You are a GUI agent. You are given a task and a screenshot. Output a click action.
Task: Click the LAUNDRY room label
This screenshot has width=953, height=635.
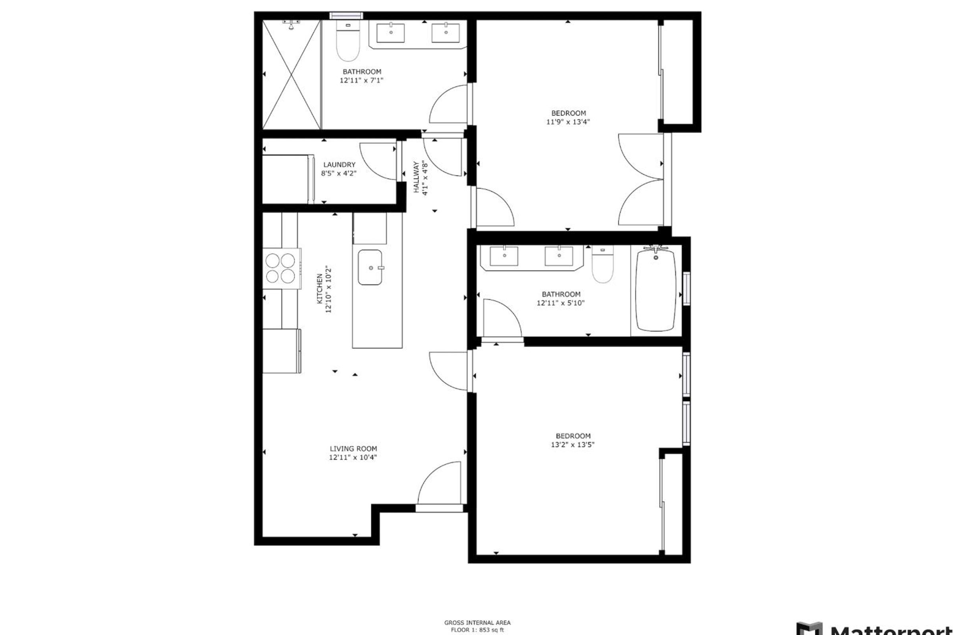tap(339, 165)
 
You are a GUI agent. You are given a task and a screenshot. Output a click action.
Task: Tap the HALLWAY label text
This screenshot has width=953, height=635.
tap(416, 177)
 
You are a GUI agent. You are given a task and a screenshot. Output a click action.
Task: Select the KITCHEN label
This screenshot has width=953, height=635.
tap(320, 289)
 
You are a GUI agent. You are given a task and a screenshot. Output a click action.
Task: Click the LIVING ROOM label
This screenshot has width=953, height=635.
tap(353, 449)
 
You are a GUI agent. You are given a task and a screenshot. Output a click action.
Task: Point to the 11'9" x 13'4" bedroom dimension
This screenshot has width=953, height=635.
tap(568, 122)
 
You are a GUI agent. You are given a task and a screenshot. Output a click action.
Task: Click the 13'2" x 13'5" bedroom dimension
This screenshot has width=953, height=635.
tap(573, 444)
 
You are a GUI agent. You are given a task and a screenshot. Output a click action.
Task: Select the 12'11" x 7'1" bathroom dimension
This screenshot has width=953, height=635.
tap(361, 80)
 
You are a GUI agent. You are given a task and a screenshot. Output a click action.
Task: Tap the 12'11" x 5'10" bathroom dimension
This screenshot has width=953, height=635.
tap(561, 303)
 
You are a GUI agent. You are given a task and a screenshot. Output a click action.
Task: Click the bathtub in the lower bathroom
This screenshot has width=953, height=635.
tap(656, 291)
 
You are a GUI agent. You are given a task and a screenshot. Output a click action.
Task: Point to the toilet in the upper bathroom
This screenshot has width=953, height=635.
tap(348, 40)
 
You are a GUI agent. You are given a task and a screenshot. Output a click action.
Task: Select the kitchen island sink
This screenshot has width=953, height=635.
tap(370, 267)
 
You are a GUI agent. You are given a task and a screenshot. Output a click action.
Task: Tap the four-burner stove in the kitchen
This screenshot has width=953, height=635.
tap(282, 268)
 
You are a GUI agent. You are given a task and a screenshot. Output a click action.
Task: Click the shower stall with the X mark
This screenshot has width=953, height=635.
tap(292, 75)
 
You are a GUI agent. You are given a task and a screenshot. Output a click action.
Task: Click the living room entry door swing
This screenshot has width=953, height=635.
tap(439, 483)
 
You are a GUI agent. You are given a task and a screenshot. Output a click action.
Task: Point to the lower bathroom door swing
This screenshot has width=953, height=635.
tap(502, 318)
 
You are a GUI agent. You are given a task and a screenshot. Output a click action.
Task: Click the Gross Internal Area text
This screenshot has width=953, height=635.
tap(477, 623)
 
